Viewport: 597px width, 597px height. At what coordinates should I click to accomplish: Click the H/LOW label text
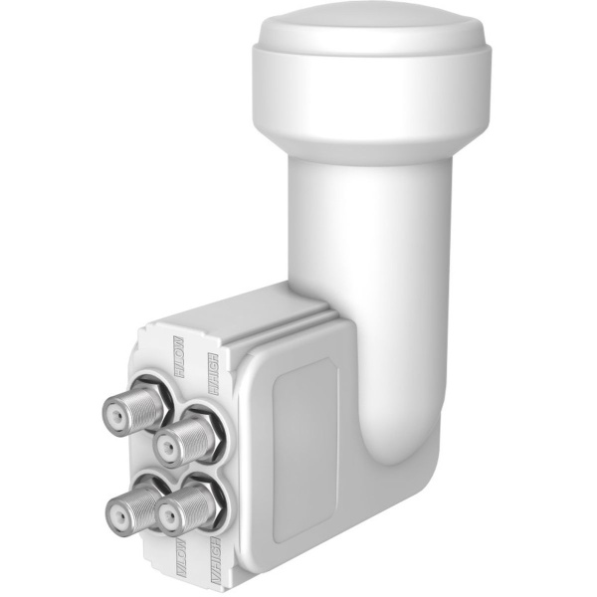180,357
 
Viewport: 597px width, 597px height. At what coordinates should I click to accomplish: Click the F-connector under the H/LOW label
134,409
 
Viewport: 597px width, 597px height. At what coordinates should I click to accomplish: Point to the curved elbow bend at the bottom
398,438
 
